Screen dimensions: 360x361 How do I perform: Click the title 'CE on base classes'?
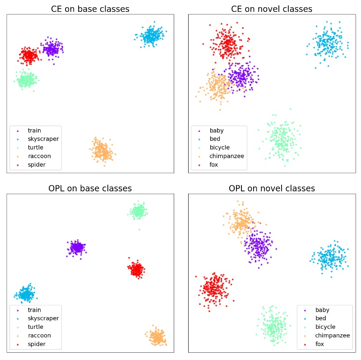click(x=90, y=9)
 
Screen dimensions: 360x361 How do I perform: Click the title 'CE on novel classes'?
click(x=272, y=9)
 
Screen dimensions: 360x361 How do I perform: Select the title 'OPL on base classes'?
click(x=90, y=188)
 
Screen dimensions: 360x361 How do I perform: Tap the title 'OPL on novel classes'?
click(x=272, y=188)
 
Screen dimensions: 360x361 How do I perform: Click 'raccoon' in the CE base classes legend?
click(x=39, y=156)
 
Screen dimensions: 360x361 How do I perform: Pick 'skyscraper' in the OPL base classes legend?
click(x=43, y=318)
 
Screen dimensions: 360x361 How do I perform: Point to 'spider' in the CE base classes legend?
click(x=37, y=165)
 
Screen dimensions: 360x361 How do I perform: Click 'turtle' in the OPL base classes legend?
click(x=36, y=327)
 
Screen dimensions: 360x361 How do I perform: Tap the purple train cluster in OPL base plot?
click(x=77, y=248)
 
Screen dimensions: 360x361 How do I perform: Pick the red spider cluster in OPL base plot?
click(x=136, y=270)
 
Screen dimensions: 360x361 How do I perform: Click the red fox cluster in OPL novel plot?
click(x=214, y=289)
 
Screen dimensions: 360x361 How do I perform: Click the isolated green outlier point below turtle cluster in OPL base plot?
click(x=139, y=229)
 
